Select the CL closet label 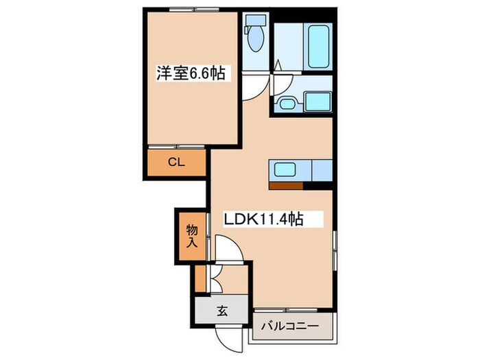coord(176,163)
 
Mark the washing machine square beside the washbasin coord(317,102)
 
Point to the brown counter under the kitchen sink coord(286,184)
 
